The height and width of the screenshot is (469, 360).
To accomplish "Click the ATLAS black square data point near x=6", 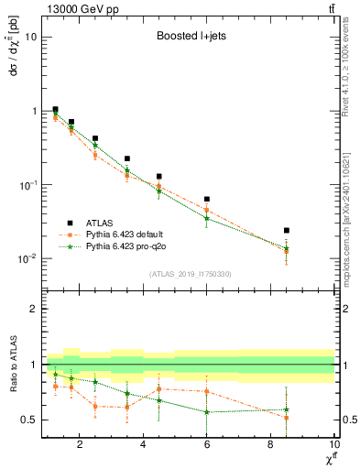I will [x=207, y=199].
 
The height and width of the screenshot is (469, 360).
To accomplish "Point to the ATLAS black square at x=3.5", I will [x=127, y=158].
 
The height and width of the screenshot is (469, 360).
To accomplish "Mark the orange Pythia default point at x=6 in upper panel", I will [x=207, y=210].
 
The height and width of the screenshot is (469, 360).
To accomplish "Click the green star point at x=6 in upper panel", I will [x=207, y=218].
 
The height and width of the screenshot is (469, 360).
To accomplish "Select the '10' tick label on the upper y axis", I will [x=31, y=38].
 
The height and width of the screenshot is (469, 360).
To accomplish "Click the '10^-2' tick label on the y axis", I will [x=27, y=259].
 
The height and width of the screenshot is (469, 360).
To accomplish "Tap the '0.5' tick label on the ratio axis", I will [x=29, y=420].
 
